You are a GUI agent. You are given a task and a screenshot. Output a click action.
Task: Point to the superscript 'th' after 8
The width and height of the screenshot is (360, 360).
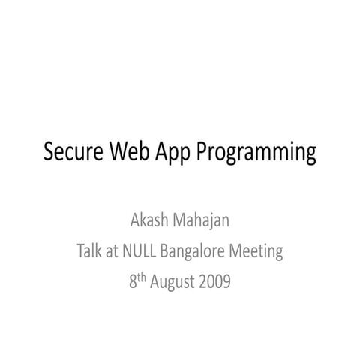tap(142, 277)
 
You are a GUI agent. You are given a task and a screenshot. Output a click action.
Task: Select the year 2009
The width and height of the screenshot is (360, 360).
tap(216, 282)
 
